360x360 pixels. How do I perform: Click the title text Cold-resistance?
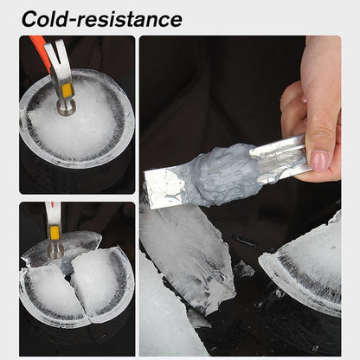point(102,18)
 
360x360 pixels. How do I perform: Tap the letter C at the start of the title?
point(33,18)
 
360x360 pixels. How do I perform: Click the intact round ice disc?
point(77,130)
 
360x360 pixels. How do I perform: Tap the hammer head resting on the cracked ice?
point(55,250)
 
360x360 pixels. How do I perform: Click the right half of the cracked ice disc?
point(101,281)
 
